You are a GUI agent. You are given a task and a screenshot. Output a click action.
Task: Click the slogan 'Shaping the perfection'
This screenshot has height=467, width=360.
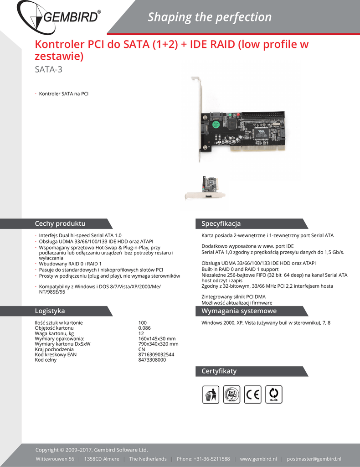tap(210, 17)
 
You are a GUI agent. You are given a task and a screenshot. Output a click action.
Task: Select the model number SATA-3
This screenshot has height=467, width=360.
tap(48, 70)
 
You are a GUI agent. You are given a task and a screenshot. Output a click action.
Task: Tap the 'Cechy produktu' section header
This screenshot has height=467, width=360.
tap(60, 224)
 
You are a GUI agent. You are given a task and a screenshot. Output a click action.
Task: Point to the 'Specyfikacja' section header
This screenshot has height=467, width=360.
tap(221, 224)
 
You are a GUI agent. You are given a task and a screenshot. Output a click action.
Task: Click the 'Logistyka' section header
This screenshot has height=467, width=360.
tap(50, 311)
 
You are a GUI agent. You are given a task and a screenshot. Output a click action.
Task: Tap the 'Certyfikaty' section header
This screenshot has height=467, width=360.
tap(219, 371)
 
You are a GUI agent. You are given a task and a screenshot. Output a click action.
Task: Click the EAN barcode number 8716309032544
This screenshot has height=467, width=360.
tap(156, 354)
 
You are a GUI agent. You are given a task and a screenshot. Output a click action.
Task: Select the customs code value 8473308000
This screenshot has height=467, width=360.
tap(152, 360)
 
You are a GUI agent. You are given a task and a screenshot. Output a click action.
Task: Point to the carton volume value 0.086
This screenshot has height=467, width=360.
tap(144, 328)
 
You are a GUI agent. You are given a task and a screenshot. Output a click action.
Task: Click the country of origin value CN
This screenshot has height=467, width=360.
tap(141, 349)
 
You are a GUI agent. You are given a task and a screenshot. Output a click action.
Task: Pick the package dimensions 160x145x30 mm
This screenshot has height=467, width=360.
tap(157, 338)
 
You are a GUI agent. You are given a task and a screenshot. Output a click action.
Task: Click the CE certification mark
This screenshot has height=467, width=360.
tap(252, 394)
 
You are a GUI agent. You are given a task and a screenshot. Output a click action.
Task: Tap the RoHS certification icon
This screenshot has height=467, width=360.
tap(274, 394)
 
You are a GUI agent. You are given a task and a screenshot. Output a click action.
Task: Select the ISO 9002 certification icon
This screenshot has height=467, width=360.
tap(231, 394)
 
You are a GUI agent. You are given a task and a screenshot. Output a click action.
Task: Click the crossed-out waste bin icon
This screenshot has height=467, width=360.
tap(211, 394)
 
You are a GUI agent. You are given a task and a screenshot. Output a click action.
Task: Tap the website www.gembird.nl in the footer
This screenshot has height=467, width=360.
tap(258, 459)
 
